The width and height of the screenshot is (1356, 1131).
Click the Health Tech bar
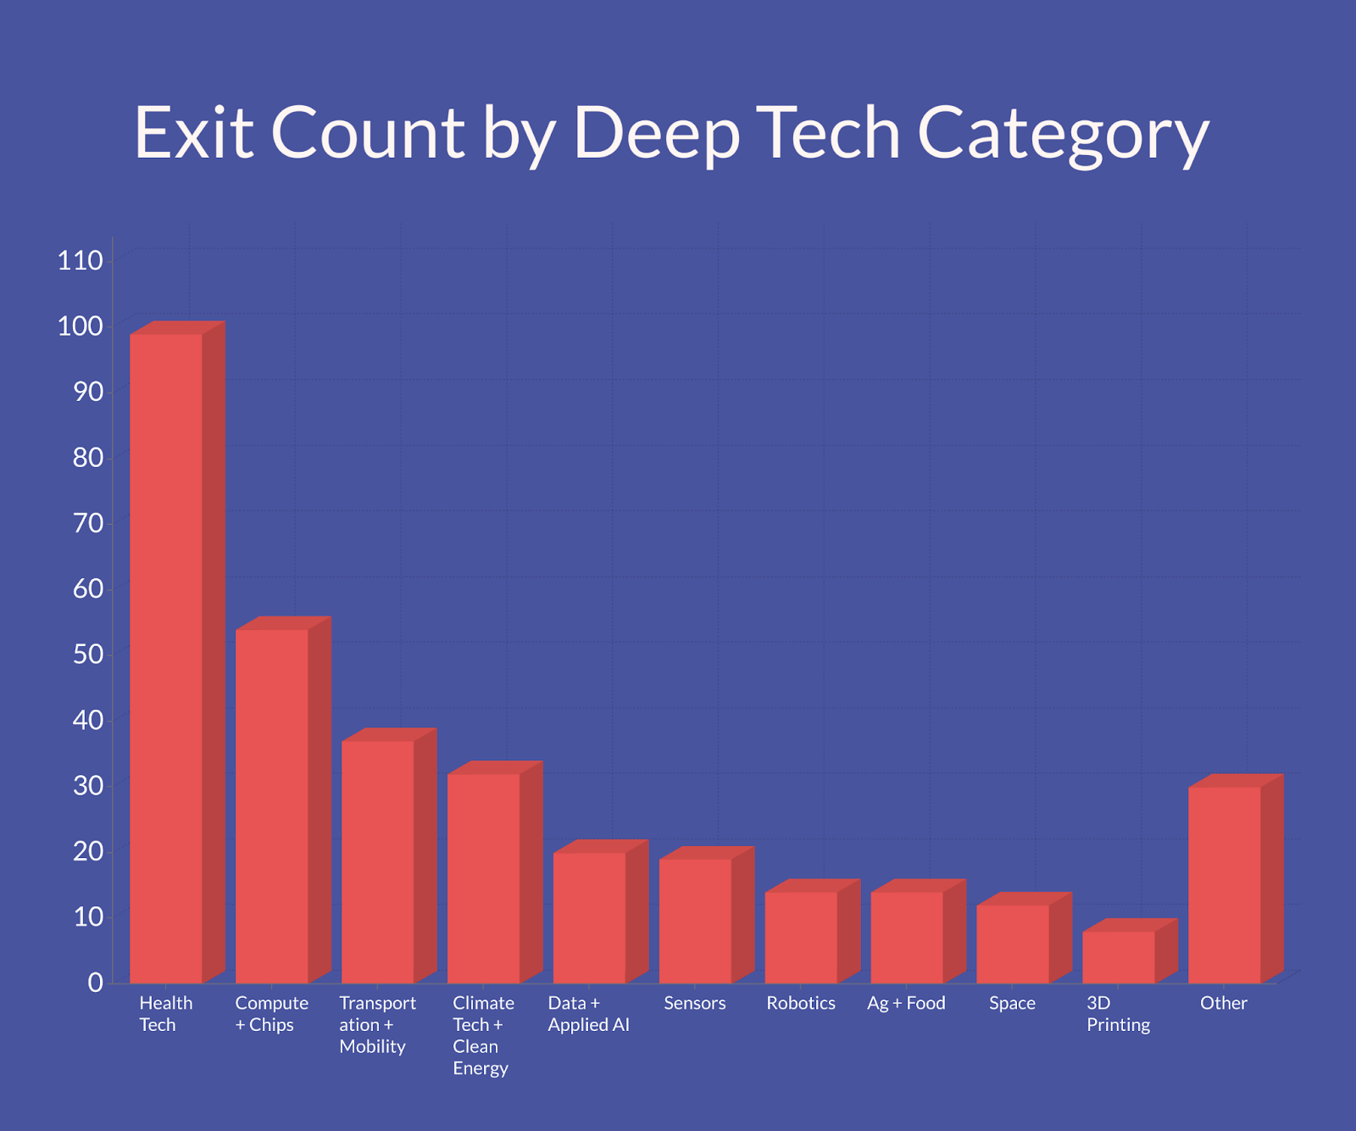pos(166,658)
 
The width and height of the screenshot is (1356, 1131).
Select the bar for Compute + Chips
pos(271,805)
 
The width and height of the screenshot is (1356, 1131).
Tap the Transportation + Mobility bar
pos(377,861)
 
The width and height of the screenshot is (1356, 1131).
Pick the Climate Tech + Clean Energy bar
pos(483,877)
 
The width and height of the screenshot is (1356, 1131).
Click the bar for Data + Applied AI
pos(589,917)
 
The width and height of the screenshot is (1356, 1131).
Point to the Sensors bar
pos(695,921)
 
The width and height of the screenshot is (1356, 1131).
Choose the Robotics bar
pos(801,937)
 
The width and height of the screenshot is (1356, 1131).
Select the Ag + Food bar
pos(907,937)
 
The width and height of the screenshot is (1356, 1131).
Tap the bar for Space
pos(1013,944)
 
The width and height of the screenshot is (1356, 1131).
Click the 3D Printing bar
pos(1119,957)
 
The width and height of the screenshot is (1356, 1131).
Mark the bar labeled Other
pos(1225,884)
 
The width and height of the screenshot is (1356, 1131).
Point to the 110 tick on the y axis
pos(80,260)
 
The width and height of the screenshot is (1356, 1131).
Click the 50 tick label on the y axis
pos(88,654)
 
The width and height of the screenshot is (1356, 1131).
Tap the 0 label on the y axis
pos(96,982)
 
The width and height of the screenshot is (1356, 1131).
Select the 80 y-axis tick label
pos(88,457)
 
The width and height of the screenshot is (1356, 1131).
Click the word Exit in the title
pos(194,133)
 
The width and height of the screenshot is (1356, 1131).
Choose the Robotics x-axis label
pos(801,1003)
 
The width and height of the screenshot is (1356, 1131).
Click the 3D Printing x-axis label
pos(1118,1014)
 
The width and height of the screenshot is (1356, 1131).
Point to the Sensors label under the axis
pos(695,1003)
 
